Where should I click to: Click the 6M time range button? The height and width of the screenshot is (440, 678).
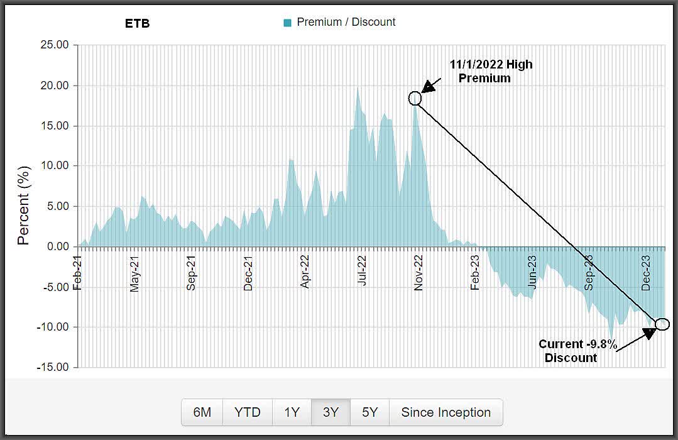pyautogui.click(x=202, y=412)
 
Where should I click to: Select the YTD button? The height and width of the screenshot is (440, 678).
pyautogui.click(x=248, y=412)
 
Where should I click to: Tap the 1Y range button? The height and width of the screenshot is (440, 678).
pyautogui.click(x=292, y=412)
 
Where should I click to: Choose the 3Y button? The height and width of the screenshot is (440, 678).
pyautogui.click(x=331, y=412)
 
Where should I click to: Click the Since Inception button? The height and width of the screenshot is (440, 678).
pyautogui.click(x=446, y=412)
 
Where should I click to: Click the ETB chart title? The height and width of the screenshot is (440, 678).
pyautogui.click(x=138, y=24)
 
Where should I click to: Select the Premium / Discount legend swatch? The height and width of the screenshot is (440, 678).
pyautogui.click(x=288, y=23)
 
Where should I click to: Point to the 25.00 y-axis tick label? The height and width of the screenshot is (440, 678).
pyautogui.click(x=53, y=45)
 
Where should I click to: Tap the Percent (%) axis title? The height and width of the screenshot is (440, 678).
pyautogui.click(x=23, y=206)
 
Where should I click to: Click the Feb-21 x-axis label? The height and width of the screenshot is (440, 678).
pyautogui.click(x=78, y=270)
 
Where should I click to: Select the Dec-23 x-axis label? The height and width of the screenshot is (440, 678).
pyautogui.click(x=647, y=270)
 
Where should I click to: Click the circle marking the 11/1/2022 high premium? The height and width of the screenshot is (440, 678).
pyautogui.click(x=415, y=98)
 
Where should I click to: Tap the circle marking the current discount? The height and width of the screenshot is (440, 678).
pyautogui.click(x=662, y=324)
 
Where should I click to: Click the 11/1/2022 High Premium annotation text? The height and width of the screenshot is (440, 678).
pyautogui.click(x=491, y=72)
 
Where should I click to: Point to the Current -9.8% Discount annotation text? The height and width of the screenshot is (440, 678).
pyautogui.click(x=577, y=351)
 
